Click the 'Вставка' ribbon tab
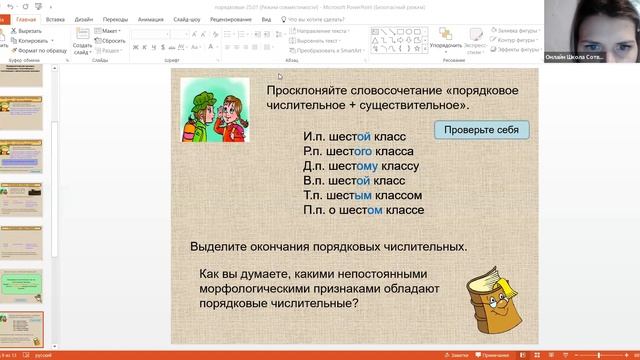[x=55, y=19]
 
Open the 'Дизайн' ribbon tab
[x=84, y=19]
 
